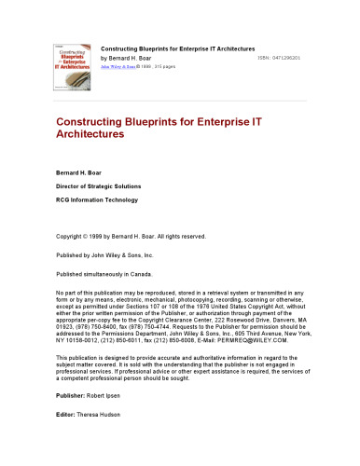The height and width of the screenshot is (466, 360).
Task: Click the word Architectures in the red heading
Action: click(90, 134)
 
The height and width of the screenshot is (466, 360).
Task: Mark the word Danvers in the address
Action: click(288, 312)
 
